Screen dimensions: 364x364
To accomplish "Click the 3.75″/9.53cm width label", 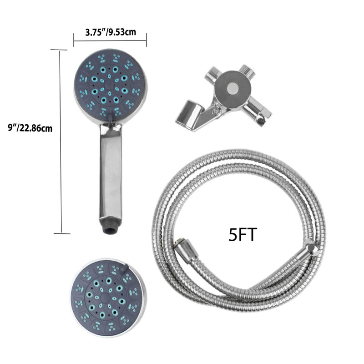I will tap(110, 32).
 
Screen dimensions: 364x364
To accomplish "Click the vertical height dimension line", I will tap(61, 141).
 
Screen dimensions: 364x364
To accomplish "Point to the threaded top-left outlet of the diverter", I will tap(211, 73).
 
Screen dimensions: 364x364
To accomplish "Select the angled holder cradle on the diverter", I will tap(189, 116).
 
